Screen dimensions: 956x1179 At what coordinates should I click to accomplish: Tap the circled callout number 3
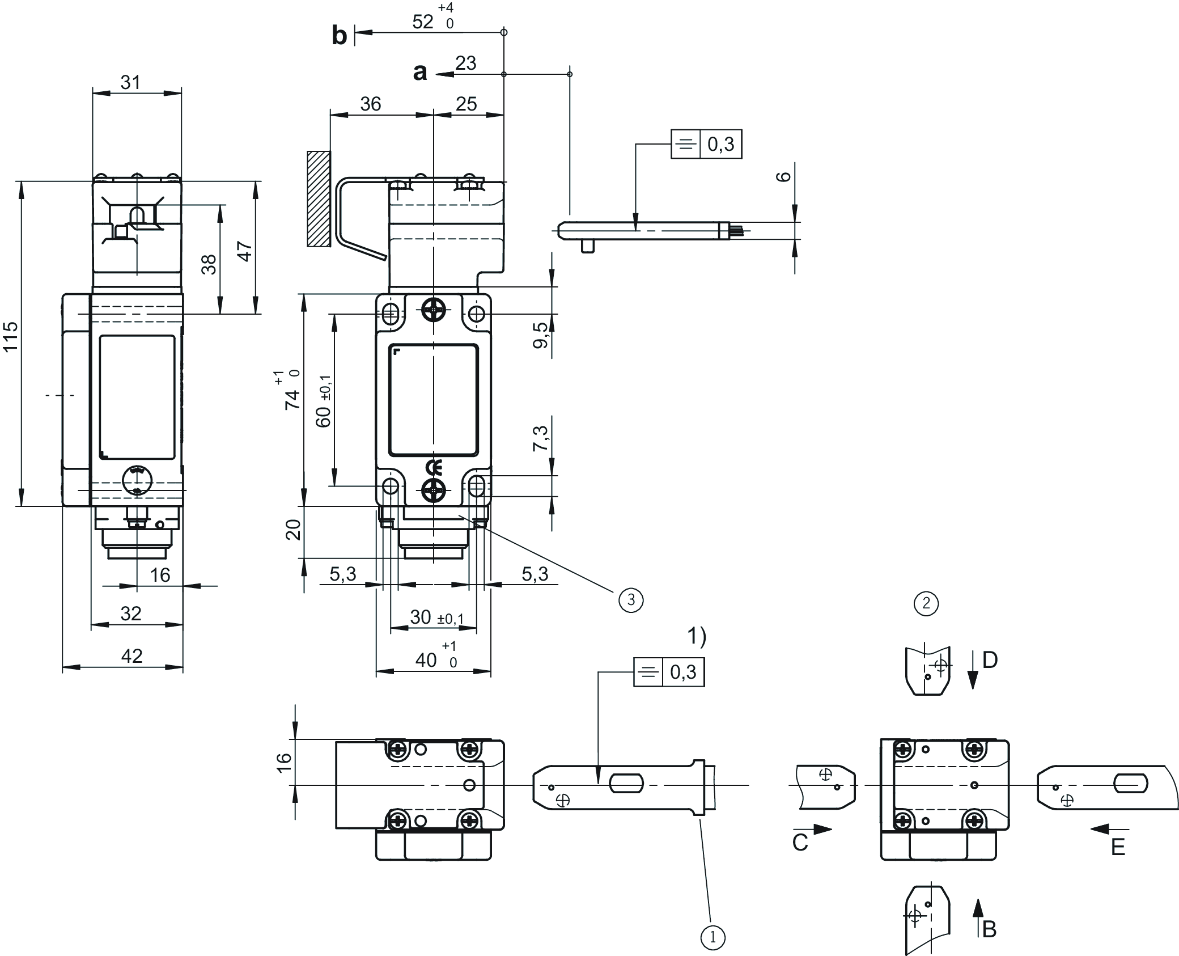click(631, 600)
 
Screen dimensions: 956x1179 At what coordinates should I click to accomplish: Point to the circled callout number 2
click(926, 603)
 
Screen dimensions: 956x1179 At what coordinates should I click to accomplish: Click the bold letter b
click(339, 36)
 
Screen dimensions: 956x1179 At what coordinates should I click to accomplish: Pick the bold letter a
click(419, 73)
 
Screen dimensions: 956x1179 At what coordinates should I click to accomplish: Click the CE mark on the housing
click(434, 468)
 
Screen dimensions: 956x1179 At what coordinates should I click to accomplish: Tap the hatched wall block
click(319, 198)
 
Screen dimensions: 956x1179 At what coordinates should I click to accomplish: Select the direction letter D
click(990, 660)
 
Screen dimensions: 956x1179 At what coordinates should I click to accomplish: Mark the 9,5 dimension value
click(542, 335)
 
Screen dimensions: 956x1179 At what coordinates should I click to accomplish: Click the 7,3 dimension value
click(542, 438)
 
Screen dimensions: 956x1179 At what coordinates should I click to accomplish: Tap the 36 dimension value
click(371, 104)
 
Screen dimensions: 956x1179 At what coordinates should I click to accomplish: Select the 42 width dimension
click(132, 656)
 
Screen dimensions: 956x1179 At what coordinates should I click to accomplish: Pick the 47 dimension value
click(244, 251)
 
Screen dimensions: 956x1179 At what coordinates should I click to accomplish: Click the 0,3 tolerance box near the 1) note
click(682, 672)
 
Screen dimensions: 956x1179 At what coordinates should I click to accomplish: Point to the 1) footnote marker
click(697, 637)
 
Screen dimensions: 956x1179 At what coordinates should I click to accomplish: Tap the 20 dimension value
click(293, 530)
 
